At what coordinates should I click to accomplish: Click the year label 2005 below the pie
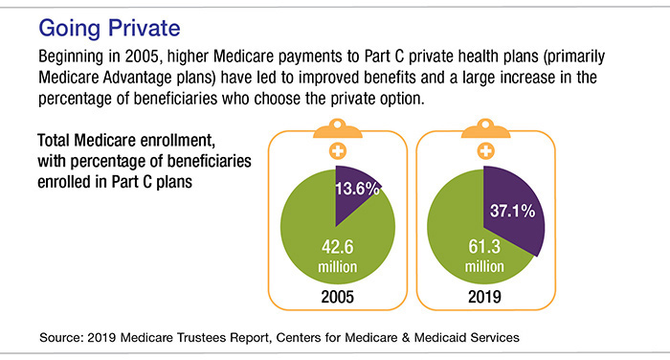click(x=337, y=298)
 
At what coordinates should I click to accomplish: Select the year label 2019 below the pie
click(x=484, y=298)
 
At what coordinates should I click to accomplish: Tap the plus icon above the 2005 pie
click(x=337, y=152)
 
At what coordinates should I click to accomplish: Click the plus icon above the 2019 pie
click(x=484, y=152)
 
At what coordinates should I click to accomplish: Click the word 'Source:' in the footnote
click(x=69, y=338)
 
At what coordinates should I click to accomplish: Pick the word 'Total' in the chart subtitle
click(x=56, y=138)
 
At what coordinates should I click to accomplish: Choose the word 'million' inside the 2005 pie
click(x=337, y=263)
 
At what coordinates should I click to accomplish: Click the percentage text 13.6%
click(x=356, y=188)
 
